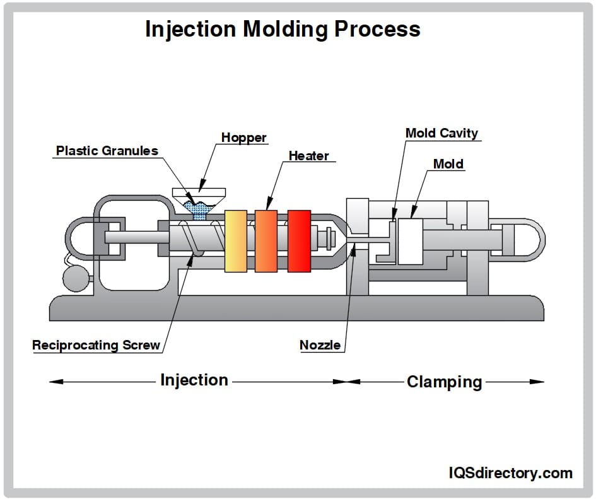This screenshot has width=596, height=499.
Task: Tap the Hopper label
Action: click(243, 138)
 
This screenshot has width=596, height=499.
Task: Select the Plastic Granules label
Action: click(107, 151)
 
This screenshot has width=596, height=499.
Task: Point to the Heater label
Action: click(308, 155)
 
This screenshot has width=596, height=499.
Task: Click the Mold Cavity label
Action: click(441, 133)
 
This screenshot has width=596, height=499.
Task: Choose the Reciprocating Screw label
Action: click(96, 345)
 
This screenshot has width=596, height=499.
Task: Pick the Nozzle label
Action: click(320, 345)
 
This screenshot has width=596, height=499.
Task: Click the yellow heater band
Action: click(235, 241)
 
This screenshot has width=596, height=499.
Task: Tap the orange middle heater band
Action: click(266, 241)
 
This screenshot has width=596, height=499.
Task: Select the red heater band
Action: click(299, 241)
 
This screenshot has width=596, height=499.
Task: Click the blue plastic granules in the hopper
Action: click(199, 208)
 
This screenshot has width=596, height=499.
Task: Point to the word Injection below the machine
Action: click(194, 380)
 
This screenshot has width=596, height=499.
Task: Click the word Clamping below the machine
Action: click(444, 382)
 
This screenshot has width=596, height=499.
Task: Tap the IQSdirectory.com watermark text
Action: click(510, 473)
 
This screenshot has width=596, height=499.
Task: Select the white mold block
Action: click(410, 242)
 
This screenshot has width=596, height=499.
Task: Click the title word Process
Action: click(383, 29)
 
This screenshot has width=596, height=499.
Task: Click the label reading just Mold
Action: click(448, 164)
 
